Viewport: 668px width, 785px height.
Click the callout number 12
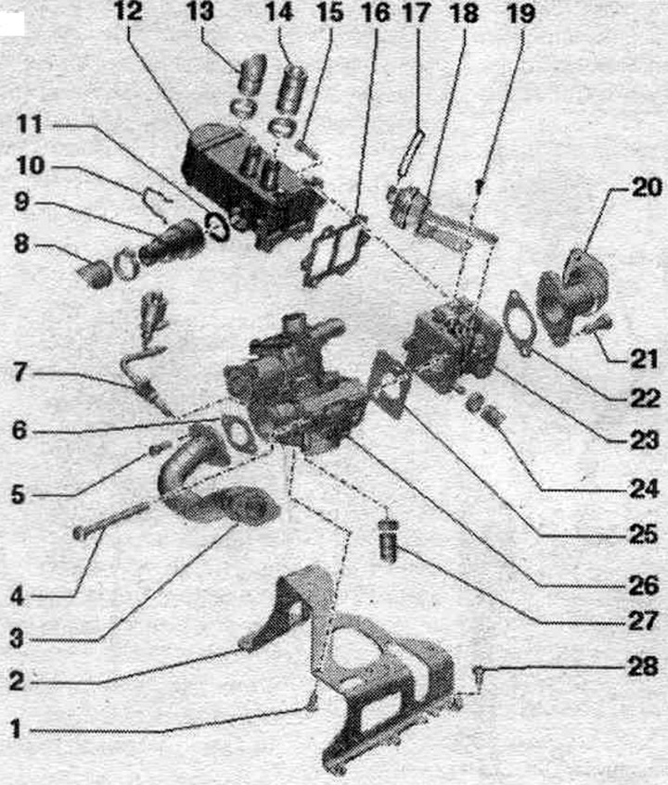tap(128, 12)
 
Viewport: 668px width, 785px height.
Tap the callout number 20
tap(647, 188)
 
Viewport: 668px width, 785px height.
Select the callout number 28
tap(644, 667)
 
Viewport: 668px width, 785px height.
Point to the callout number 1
tap(17, 729)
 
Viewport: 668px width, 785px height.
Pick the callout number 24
tap(644, 488)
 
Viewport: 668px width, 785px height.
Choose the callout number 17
tap(416, 13)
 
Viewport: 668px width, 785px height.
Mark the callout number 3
tap(17, 639)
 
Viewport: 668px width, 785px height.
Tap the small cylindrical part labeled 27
tap(389, 540)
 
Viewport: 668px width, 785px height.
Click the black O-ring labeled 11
tap(217, 226)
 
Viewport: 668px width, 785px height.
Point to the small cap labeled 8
tap(96, 273)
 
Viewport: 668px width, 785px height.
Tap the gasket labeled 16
tap(335, 254)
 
